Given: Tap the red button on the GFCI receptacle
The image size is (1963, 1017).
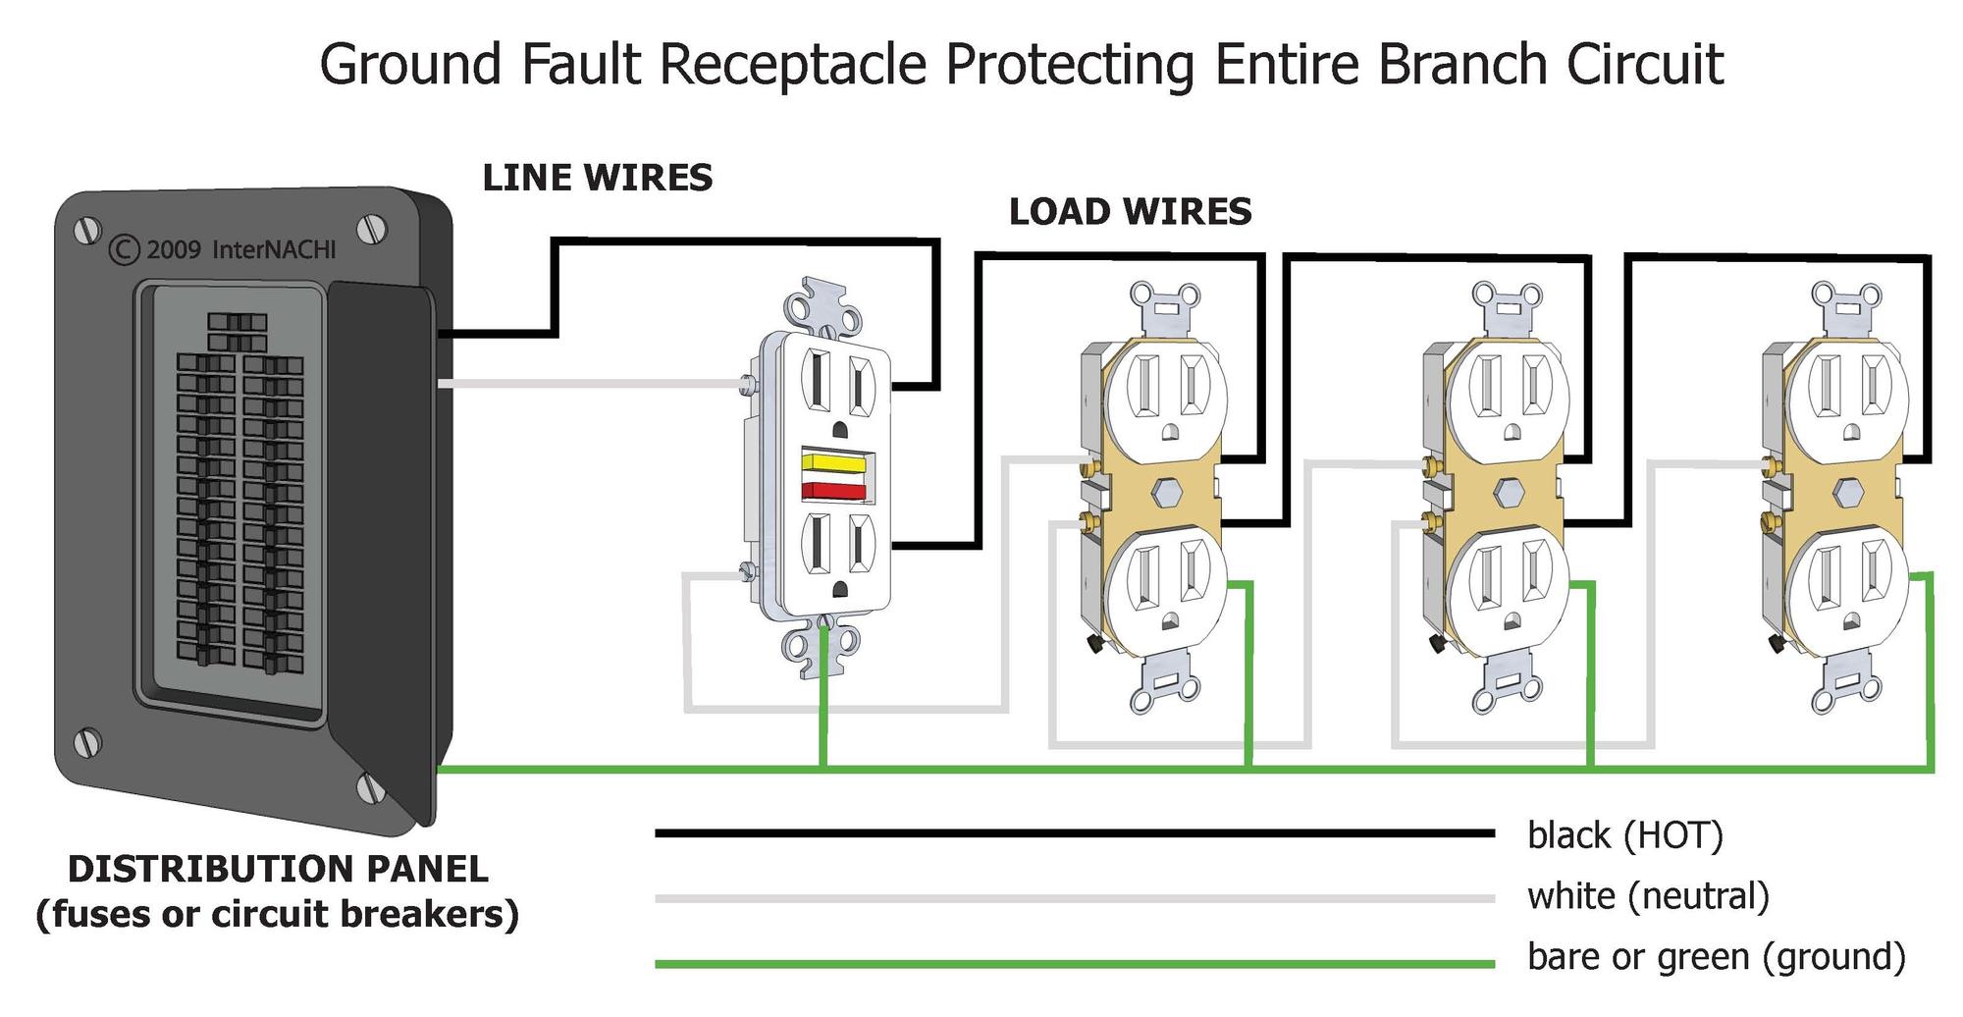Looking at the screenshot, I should [x=834, y=491].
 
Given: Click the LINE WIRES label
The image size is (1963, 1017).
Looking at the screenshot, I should [x=598, y=178].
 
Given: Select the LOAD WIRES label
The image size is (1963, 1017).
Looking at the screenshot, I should [x=1131, y=212].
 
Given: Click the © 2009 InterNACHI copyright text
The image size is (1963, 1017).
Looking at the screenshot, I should [x=223, y=249].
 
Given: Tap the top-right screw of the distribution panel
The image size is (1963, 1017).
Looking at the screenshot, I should [x=372, y=229].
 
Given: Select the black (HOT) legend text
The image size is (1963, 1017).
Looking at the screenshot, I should [x=1625, y=835].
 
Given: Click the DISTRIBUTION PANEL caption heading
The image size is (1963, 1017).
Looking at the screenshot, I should [x=278, y=869].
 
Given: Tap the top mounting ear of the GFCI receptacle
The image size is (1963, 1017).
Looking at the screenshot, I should [x=823, y=304].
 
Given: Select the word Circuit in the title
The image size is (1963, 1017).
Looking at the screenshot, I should [x=1645, y=65].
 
